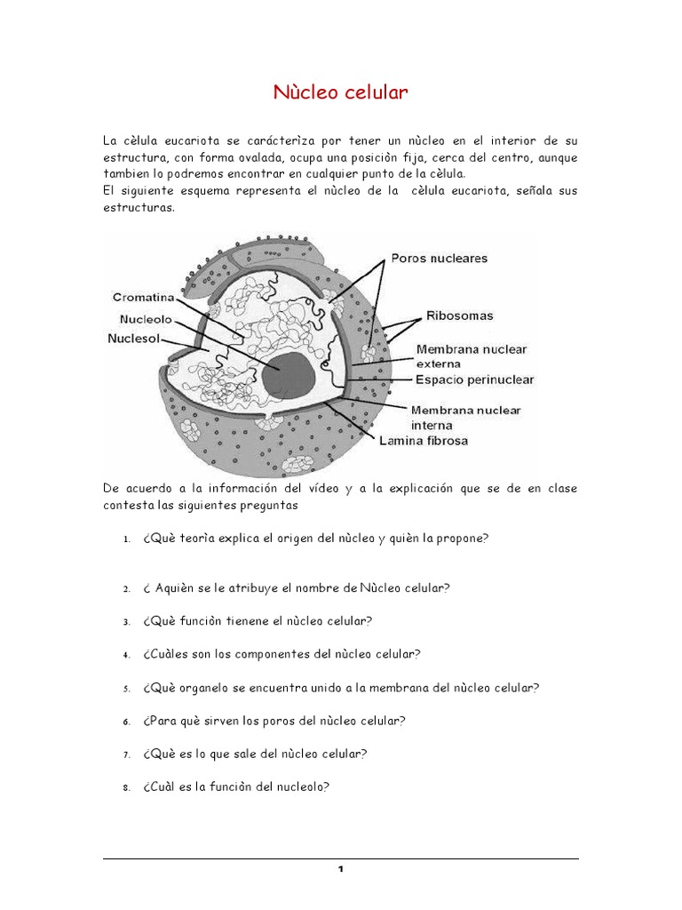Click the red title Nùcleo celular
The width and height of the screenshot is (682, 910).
click(340, 93)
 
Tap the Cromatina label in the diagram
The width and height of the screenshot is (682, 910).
click(143, 298)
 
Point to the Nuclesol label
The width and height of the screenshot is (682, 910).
click(134, 339)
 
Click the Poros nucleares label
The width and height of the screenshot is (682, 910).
click(439, 259)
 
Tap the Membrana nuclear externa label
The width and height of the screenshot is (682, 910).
click(471, 355)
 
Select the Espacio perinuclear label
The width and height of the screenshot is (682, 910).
click(475, 379)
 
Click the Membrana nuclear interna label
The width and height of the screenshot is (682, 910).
click(465, 417)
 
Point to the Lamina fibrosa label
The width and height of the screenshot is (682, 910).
click(423, 440)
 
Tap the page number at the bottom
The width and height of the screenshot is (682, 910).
click(340, 869)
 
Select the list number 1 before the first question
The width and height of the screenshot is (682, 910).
click(128, 540)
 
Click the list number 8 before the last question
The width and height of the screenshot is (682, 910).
click(128, 787)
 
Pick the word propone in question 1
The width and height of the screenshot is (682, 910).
click(466, 539)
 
